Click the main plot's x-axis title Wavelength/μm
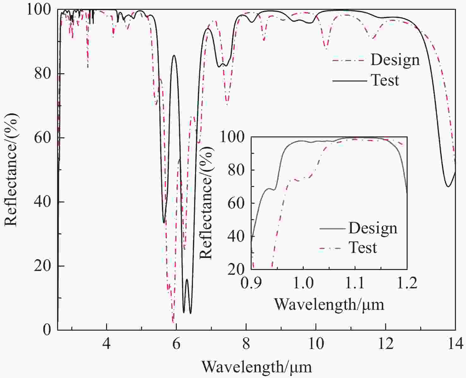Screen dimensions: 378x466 pos(256,367)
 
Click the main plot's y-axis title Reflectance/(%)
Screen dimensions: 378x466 pos(11,170)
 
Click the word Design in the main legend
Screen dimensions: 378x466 pos(395,60)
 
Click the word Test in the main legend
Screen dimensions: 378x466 pos(385,80)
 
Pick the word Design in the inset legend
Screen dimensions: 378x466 pos(373,228)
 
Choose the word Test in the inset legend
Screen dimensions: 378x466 pos(363,248)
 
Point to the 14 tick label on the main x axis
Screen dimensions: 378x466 pos(455,344)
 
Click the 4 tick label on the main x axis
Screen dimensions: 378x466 pos(107,344)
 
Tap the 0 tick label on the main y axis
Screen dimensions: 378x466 pos(47,330)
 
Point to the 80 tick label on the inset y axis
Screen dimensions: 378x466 pos(236,170)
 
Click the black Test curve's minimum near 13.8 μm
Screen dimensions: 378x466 pos(448,187)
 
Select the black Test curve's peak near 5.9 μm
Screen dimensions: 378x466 pos(174,55)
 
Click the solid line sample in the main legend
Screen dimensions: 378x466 pos(349,81)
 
